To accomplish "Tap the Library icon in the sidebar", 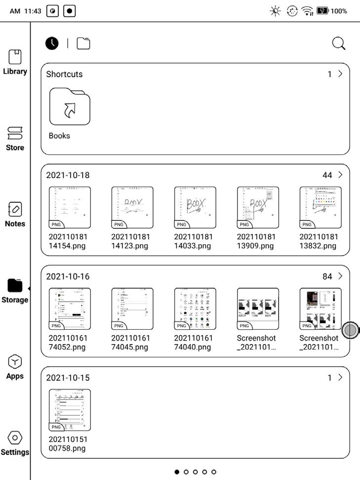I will [x=15, y=57].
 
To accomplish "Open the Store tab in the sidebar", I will [x=15, y=133].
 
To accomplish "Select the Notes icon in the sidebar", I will [x=15, y=209].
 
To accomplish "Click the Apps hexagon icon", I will [x=15, y=362].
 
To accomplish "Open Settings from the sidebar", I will [x=15, y=437].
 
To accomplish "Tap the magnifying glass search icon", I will [x=338, y=44].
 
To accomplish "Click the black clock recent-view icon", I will [x=52, y=44].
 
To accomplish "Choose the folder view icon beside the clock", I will [x=83, y=44].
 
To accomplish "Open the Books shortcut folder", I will [x=70, y=107].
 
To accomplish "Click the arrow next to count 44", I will [x=340, y=175].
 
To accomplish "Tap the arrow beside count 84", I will [x=340, y=276].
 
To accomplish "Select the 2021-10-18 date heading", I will [x=68, y=175].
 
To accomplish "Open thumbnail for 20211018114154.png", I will [x=70, y=207].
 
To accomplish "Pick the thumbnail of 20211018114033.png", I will [x=195, y=207].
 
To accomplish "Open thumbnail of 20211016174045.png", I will [x=132, y=308].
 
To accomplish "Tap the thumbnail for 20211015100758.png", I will [x=70, y=410].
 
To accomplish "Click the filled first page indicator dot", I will [x=177, y=472].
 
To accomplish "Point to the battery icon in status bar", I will [x=323, y=11].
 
